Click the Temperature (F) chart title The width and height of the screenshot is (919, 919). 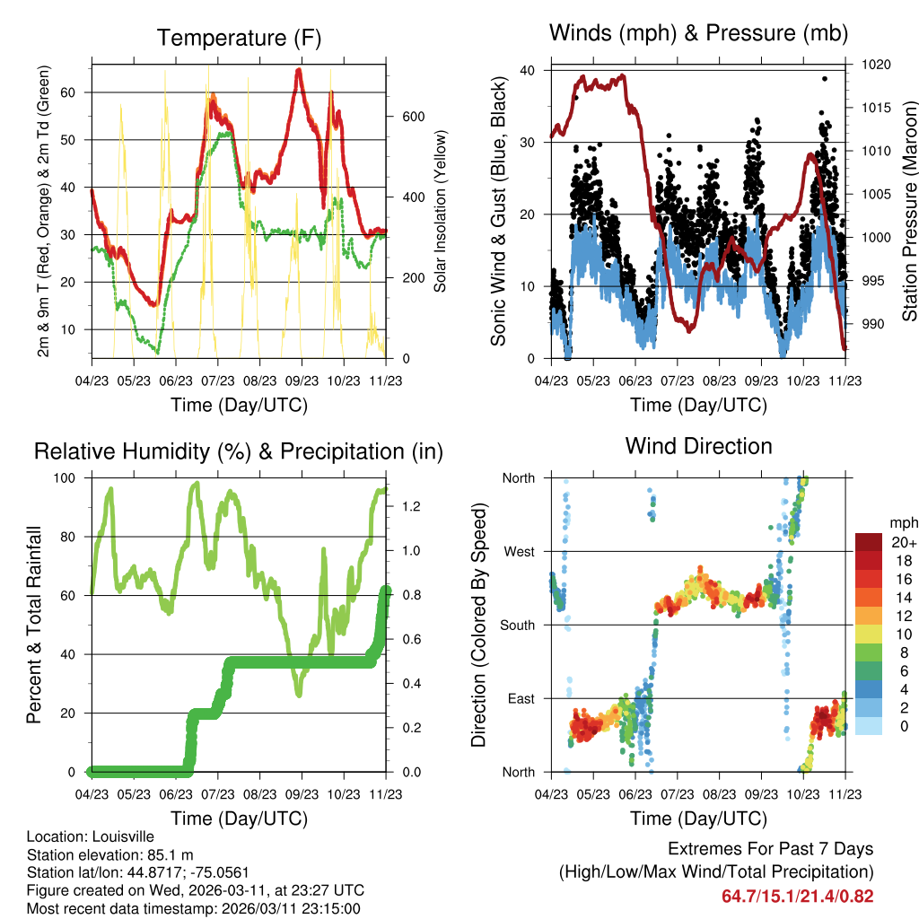(x=239, y=39)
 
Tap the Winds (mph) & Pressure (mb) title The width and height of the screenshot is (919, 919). (x=698, y=33)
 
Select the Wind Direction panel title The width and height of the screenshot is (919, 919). (x=698, y=445)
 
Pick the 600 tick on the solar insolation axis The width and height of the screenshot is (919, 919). (x=413, y=117)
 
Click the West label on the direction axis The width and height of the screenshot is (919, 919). (x=518, y=551)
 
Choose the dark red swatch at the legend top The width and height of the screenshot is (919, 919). (x=869, y=542)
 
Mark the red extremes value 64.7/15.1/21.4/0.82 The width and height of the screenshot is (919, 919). (x=797, y=897)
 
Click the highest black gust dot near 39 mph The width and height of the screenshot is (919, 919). (x=824, y=79)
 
